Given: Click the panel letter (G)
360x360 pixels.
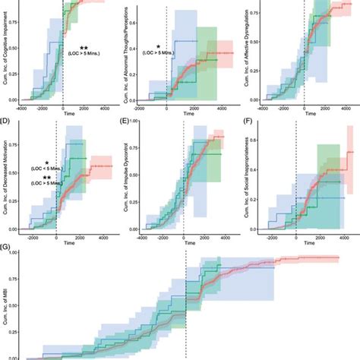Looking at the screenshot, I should click(x=6, y=247).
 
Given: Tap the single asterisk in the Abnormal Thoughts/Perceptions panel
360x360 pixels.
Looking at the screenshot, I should click(x=157, y=46).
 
